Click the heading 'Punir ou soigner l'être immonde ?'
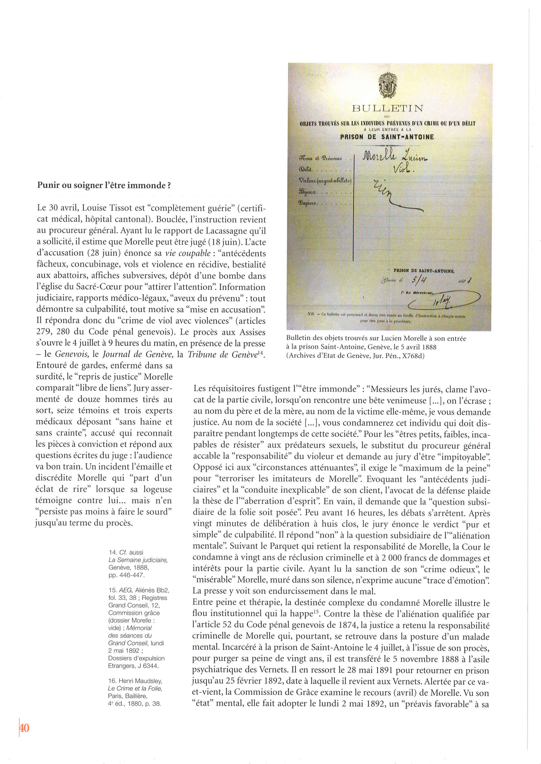(104, 185)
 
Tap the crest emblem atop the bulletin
(387, 85)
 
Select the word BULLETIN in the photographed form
(387, 108)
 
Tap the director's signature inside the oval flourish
(441, 302)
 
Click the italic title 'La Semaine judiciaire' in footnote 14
(138, 560)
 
